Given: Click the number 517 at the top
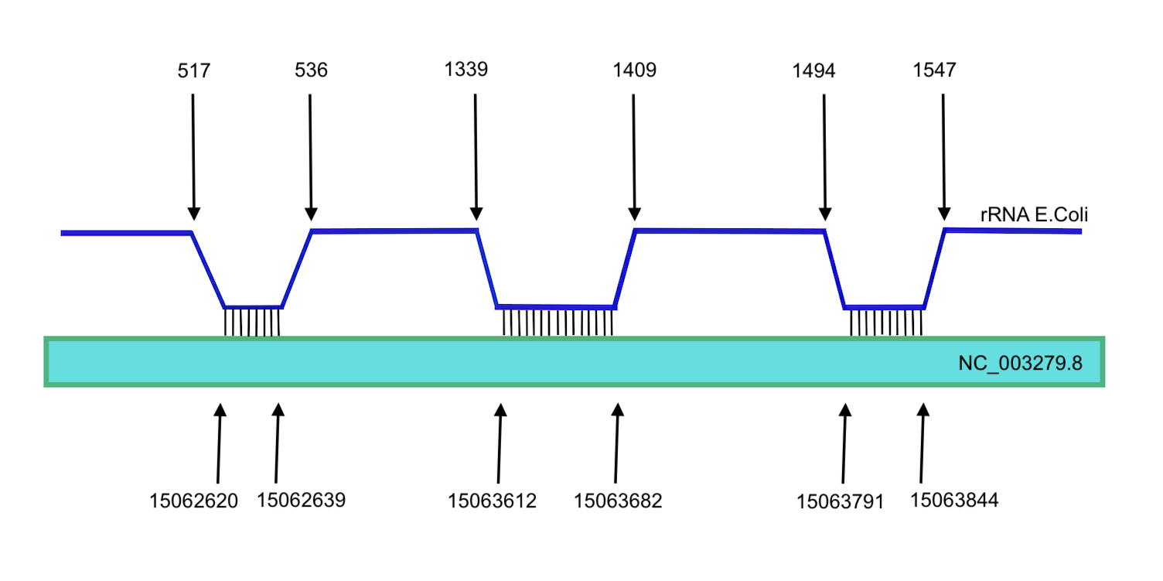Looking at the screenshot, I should (193, 71).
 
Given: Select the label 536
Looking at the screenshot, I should (311, 70).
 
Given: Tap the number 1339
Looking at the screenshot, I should (466, 70).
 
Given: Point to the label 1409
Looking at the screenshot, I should (634, 70).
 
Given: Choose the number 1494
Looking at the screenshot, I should (813, 71).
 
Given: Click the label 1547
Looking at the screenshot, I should (934, 70).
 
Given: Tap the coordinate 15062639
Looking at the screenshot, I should (301, 500).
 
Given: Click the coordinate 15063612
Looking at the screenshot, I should (492, 501).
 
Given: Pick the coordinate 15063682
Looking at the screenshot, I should (618, 501).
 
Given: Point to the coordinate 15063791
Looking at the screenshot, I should (840, 502).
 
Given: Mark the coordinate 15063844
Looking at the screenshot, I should (954, 500).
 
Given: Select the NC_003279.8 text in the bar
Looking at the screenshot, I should (1019, 364).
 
